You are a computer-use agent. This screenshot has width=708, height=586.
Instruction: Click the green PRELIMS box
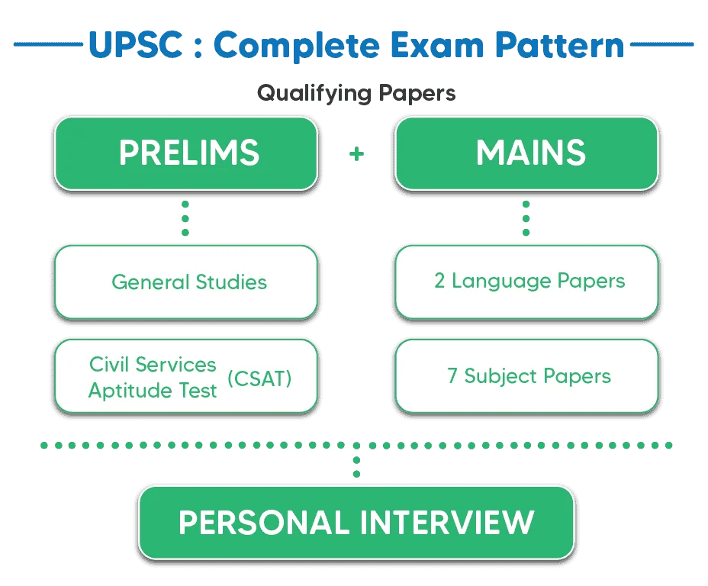185,153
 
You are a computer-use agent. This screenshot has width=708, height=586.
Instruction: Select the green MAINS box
526,153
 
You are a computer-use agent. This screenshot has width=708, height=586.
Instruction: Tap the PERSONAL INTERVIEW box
356,523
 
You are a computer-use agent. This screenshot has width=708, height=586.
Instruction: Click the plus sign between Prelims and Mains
356,154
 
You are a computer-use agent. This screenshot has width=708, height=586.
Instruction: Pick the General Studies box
185,282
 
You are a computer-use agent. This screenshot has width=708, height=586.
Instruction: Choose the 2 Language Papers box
526,281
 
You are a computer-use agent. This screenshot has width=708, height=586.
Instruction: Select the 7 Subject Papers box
526,376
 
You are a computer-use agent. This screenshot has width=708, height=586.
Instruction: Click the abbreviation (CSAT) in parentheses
260,378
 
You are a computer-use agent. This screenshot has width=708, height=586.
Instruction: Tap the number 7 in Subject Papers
452,376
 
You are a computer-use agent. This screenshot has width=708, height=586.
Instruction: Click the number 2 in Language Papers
439,281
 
